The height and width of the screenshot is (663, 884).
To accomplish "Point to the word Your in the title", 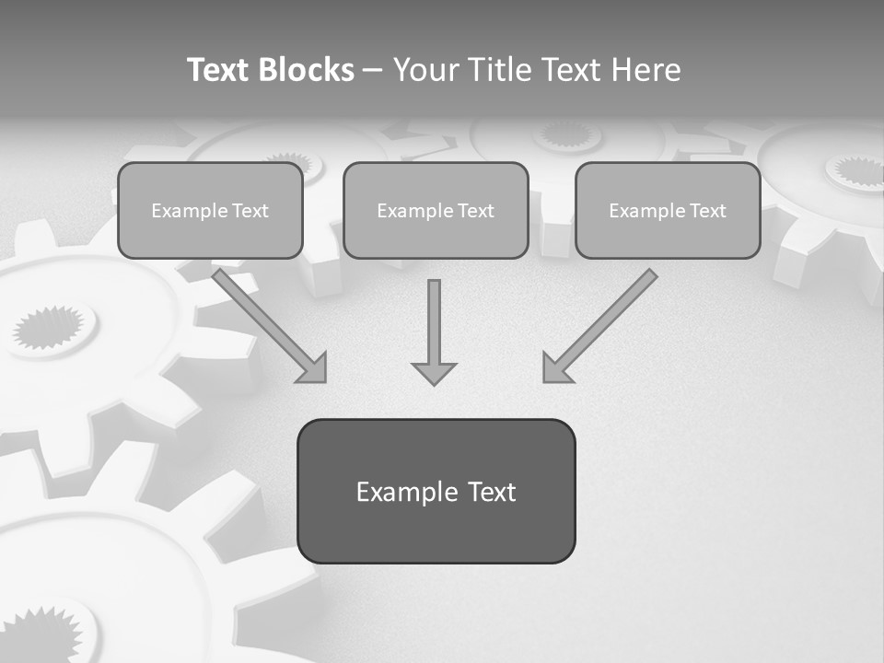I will click(x=425, y=70).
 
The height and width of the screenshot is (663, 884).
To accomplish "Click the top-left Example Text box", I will click(x=210, y=211).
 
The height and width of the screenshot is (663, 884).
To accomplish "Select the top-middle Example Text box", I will click(x=436, y=211).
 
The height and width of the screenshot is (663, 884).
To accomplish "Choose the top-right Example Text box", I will click(x=668, y=211).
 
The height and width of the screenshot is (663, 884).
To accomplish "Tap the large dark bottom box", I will click(x=436, y=491).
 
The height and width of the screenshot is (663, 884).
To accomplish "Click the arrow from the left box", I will click(x=267, y=323).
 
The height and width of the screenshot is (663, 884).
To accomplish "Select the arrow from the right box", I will click(x=603, y=323).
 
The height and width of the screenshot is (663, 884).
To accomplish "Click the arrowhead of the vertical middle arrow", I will click(x=434, y=373).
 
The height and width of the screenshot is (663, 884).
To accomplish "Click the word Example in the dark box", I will click(x=394, y=492).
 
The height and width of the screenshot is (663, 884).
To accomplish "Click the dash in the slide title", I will click(x=373, y=70).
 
